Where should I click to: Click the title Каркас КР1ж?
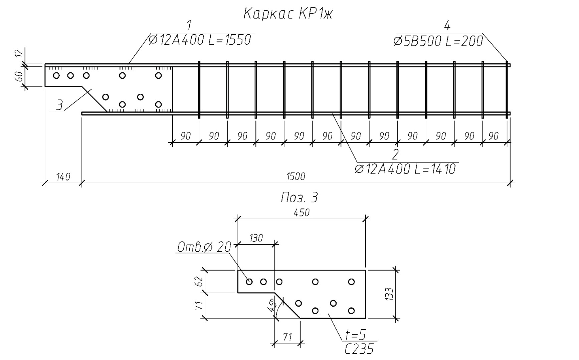point(288,14)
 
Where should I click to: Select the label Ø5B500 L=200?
point(438,41)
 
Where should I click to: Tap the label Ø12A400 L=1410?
point(405,169)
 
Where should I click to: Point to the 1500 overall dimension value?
point(296,176)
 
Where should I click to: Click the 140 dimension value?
point(63,176)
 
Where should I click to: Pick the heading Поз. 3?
point(299,198)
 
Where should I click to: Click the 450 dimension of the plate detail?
point(302,213)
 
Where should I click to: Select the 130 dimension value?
point(256,238)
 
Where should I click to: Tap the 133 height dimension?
point(389,294)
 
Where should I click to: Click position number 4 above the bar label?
point(447,26)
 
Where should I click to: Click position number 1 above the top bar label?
point(189,25)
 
